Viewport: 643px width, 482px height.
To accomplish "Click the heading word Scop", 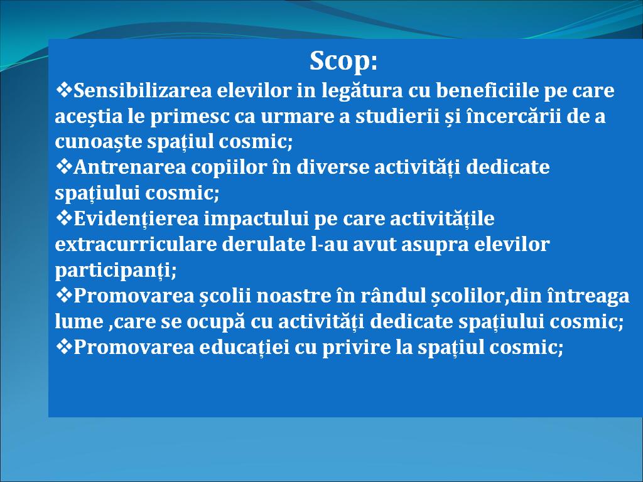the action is coord(343,61).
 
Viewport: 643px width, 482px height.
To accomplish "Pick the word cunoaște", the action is coord(99,142).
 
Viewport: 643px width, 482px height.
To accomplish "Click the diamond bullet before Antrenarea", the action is coord(63,166).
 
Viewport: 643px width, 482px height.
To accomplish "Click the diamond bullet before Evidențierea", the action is coord(63,218).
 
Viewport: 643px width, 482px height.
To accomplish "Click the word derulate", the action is coord(262,244).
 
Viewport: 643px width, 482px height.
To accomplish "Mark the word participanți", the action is coord(116,270).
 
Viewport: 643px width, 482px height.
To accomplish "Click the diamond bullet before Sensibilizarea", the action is coord(63,89).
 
